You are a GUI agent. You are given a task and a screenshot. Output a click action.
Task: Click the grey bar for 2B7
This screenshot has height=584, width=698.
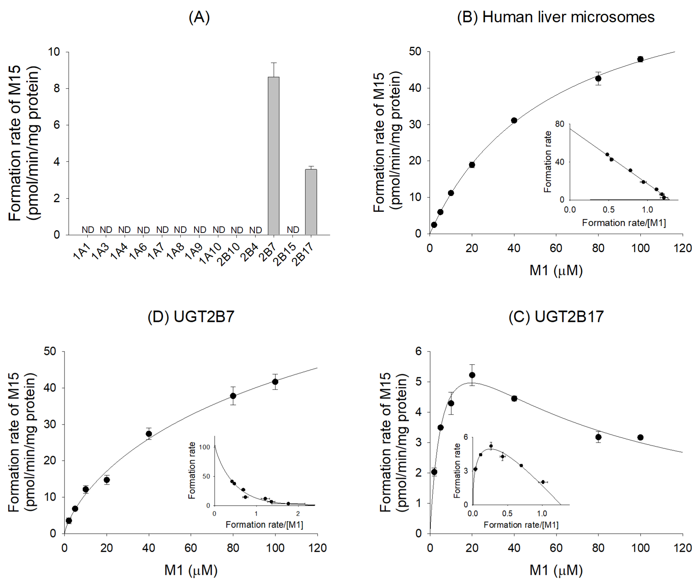274,156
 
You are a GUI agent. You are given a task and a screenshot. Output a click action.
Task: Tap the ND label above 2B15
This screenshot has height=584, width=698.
293,229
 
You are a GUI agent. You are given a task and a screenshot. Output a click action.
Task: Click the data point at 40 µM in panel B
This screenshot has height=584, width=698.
514,120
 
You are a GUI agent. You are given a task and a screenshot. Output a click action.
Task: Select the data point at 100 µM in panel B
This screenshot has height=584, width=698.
640,59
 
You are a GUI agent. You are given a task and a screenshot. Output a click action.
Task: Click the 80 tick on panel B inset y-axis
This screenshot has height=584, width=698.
560,124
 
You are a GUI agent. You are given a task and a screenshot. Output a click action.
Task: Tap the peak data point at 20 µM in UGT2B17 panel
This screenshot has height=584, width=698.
472,375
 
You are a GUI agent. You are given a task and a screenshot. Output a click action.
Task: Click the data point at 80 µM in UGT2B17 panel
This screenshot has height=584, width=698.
598,437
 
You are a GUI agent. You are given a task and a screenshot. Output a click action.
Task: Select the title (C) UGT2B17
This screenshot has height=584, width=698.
556,316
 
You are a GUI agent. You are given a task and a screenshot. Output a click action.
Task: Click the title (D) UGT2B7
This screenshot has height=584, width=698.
191,316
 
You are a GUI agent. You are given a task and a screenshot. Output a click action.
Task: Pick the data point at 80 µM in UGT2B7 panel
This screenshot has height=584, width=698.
233,396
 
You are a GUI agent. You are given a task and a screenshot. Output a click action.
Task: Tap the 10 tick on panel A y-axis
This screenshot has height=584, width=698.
54,52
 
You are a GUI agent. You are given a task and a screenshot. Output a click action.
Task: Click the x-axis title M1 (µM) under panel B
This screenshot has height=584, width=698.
556,270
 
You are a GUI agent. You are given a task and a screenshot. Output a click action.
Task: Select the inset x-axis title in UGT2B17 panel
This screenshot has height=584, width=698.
521,525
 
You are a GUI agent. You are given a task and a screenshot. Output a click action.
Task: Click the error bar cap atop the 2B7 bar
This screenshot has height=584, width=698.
274,63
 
